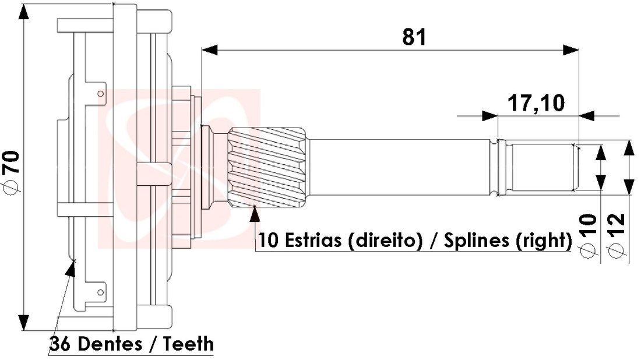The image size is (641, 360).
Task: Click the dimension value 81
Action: [414, 37]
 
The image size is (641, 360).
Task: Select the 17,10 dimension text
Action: [536, 104]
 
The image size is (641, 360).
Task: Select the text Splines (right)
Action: [507, 241]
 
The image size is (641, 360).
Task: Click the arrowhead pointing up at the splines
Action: [254, 214]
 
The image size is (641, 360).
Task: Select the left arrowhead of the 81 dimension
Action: [209, 50]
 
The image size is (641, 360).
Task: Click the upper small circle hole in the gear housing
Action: [101, 93]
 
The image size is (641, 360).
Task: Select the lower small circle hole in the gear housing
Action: [101, 291]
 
